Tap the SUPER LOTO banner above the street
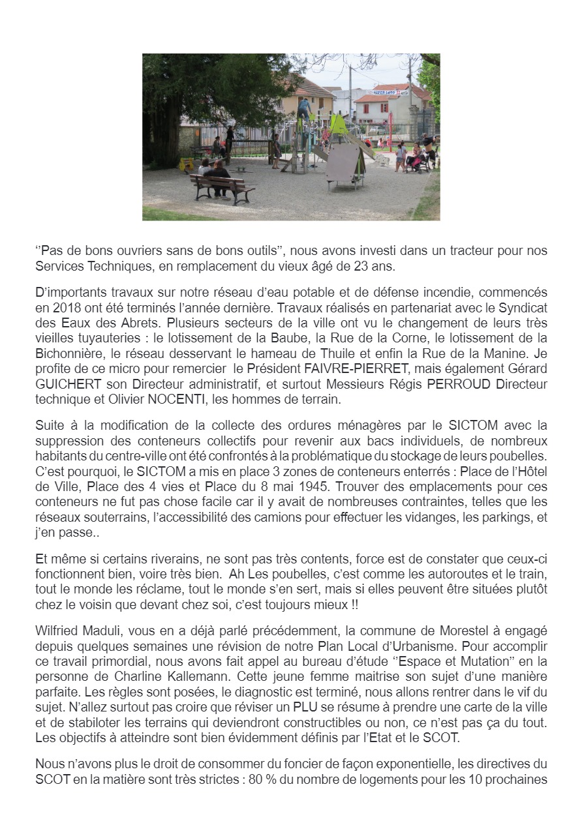[x=386, y=93]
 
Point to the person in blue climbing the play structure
[x=305, y=108]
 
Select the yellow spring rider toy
[x=187, y=163]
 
